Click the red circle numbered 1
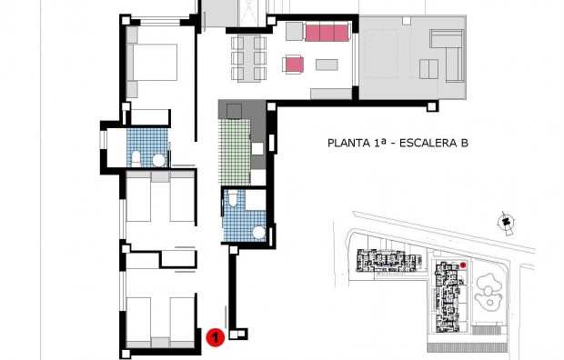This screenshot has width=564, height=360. click(x=215, y=337)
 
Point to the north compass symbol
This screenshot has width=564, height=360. click(x=502, y=221)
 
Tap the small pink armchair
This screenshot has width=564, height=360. click(x=294, y=64)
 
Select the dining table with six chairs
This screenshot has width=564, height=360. click(x=248, y=56)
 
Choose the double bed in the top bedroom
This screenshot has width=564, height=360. click(x=156, y=63)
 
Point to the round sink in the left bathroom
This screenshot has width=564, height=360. click(x=158, y=160)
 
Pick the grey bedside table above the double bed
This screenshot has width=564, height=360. click(x=132, y=35)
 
